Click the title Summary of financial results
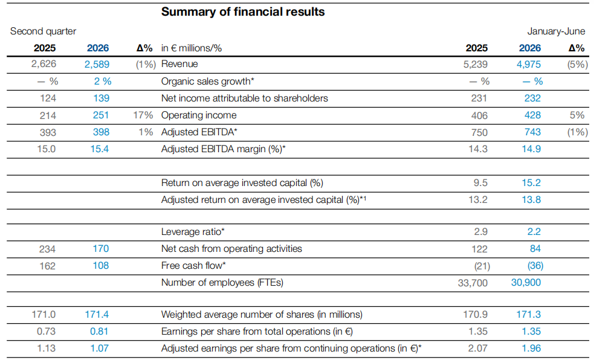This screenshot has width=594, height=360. coord(243,11)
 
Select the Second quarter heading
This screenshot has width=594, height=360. coord(43,31)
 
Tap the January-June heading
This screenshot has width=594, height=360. coord(556,31)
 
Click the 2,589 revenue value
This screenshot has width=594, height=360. coord(97,65)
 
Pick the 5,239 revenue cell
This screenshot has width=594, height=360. coord(476,65)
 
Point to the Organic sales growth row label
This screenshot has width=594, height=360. coord(208,82)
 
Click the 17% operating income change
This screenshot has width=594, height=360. coord(143,115)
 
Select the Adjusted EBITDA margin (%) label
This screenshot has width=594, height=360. coord(224,149)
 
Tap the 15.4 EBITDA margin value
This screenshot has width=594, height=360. coord(100,149)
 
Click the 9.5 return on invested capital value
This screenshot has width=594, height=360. coord(480,183)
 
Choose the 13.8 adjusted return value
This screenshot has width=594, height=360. coord(531,199)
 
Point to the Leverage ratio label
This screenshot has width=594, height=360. coord(193,232)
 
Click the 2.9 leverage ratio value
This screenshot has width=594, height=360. coord(481,232)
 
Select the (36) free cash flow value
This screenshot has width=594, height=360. coord(535,266)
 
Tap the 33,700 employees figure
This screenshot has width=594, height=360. coord(473,283)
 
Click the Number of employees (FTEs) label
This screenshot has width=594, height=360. coord(222,283)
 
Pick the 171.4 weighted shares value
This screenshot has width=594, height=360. coord(97,315)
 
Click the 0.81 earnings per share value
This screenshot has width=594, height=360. coord(99,331)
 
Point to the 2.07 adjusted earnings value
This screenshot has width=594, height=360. coord(478,349)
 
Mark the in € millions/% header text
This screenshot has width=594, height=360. coord(192,48)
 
